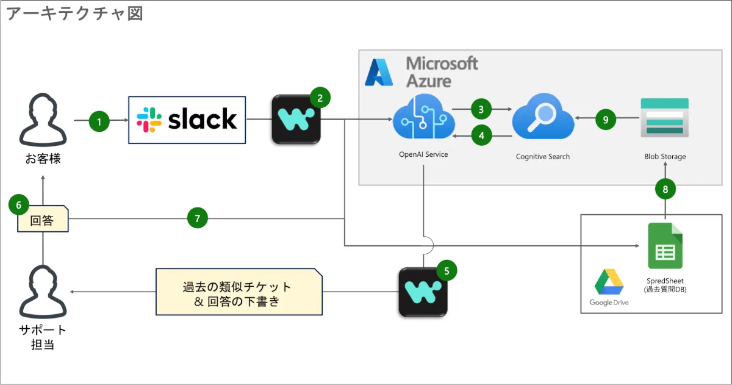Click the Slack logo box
click(x=187, y=120)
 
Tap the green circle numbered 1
click(x=99, y=121)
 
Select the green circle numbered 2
click(x=320, y=96)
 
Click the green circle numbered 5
click(x=447, y=270)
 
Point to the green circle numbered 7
click(x=198, y=217)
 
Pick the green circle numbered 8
click(x=666, y=189)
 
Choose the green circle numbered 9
click(x=606, y=120)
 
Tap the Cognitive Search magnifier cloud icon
click(x=543, y=118)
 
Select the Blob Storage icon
click(x=665, y=120)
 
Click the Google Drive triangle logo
click(x=609, y=282)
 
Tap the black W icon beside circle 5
click(x=423, y=292)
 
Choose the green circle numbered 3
click(x=481, y=110)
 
